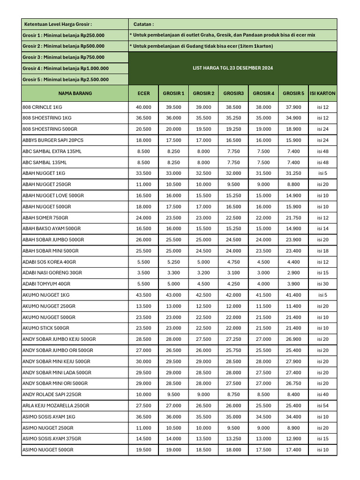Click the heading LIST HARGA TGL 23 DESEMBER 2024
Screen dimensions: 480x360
pos(232,68)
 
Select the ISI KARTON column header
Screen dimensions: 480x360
pos(322,93)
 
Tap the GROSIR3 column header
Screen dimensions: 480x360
pos(233,93)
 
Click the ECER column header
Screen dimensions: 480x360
pos(143,93)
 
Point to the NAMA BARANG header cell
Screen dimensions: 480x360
pos(75,93)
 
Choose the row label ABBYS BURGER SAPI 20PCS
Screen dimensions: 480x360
pos(53,140)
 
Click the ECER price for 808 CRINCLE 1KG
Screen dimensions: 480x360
pos(143,107)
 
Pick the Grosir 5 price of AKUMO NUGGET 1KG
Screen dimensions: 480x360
pos(293,295)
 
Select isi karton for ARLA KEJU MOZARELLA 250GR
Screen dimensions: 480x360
pos(322,405)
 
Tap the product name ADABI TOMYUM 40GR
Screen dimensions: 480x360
pos(46,284)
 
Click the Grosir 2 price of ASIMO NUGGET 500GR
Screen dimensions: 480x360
pos(203,450)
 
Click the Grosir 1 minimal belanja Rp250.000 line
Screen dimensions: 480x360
pos(64,35)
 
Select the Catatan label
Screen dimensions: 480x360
pos(143,24)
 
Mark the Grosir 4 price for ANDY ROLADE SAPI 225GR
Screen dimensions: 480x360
pos(263,394)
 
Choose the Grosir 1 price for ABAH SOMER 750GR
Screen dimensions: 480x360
pos(173,217)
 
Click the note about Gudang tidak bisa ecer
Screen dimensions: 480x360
pos(202,46)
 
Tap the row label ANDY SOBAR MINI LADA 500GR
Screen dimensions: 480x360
pos(57,372)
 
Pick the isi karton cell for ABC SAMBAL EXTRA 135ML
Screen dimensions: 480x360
pos(322,151)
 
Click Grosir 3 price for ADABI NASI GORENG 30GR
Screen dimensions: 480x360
pos(233,272)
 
